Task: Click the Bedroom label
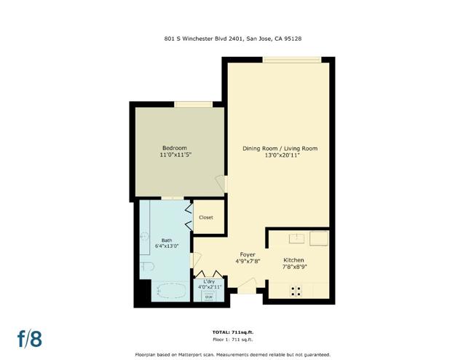175,148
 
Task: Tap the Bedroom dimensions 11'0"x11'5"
175,155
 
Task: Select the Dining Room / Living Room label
280,149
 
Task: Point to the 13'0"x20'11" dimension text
280,155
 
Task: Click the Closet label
206,217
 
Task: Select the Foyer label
248,254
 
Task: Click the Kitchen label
294,260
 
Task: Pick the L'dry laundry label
209,281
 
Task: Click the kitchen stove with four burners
297,290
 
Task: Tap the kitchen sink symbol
297,238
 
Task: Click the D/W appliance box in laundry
209,296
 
